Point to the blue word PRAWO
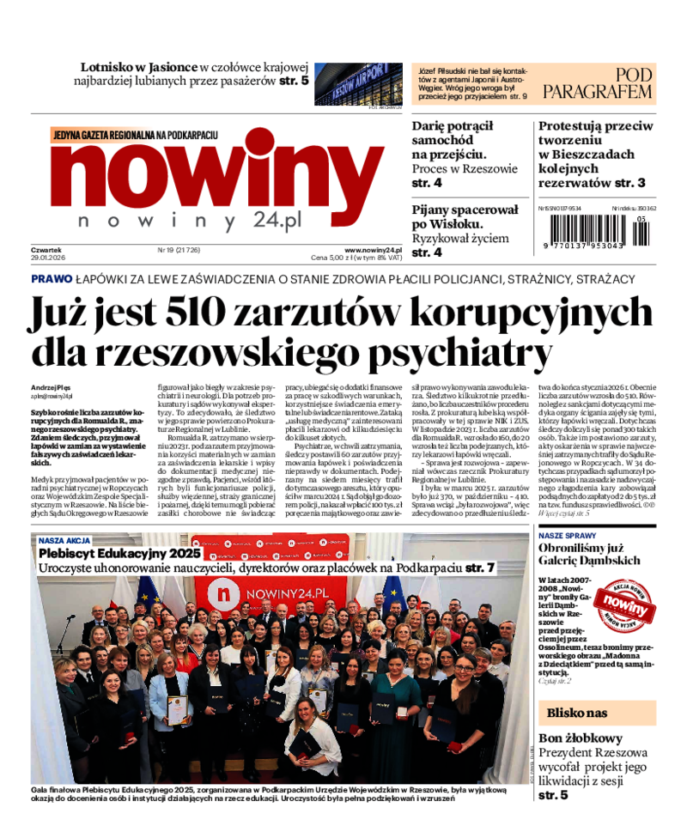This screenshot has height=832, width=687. click(x=51, y=279)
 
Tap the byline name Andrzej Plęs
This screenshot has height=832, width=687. click(x=54, y=387)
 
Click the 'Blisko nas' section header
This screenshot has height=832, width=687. click(x=577, y=713)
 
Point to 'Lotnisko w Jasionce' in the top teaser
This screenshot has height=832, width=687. click(x=138, y=67)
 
